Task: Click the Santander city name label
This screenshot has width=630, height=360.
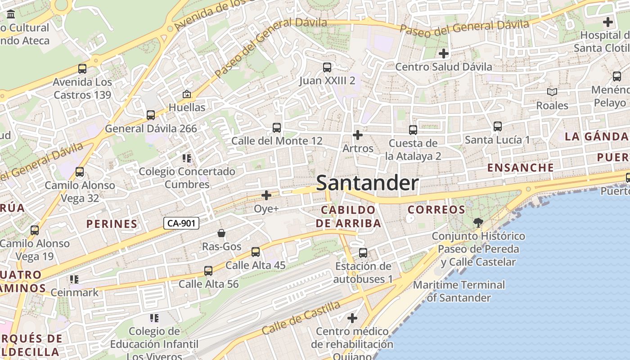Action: coord(367,183)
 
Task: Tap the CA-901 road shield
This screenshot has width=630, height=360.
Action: coord(181,223)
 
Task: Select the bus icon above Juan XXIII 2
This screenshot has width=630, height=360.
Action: coord(327,67)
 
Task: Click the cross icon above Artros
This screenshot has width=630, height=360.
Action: coord(358,135)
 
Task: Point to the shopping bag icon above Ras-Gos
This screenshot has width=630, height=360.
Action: coord(221,233)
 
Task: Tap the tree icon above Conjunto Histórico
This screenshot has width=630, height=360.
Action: coord(478,222)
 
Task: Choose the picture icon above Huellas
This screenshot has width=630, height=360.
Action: coord(186,94)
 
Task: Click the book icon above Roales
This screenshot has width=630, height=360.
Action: coord(552,92)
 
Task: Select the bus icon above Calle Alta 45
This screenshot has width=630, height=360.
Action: coord(256,252)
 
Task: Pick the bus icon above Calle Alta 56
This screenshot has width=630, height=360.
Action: coord(208,271)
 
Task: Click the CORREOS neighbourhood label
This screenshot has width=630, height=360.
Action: coord(436,210)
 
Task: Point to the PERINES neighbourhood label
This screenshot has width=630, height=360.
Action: coord(112,224)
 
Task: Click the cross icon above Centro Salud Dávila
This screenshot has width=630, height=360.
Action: coord(444,54)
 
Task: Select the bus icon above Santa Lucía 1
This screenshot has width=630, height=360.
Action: coord(497,126)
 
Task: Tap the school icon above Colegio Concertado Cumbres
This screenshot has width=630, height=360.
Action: coord(187,158)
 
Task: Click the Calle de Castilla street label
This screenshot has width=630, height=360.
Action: coord(301,318)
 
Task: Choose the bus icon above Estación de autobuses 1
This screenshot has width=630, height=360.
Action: coord(363,253)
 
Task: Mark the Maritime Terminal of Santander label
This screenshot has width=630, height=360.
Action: coord(459,291)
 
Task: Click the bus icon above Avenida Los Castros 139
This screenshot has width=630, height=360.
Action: coord(82,69)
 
